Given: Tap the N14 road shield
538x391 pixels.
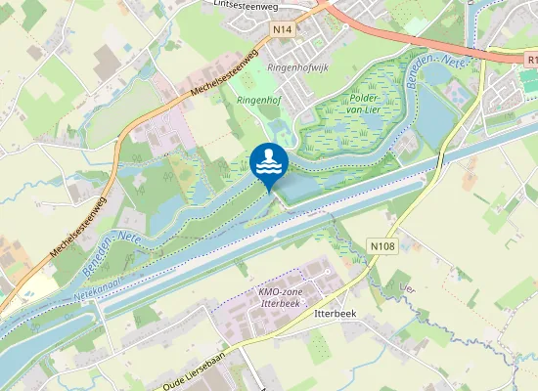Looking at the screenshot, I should click(x=283, y=29).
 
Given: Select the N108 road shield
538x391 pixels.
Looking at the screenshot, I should click(x=382, y=245).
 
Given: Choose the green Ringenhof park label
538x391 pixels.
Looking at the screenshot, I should click(x=257, y=99).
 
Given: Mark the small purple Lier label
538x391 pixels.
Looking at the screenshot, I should click(x=408, y=287).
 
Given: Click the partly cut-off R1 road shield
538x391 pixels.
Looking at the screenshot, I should click(x=530, y=60).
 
